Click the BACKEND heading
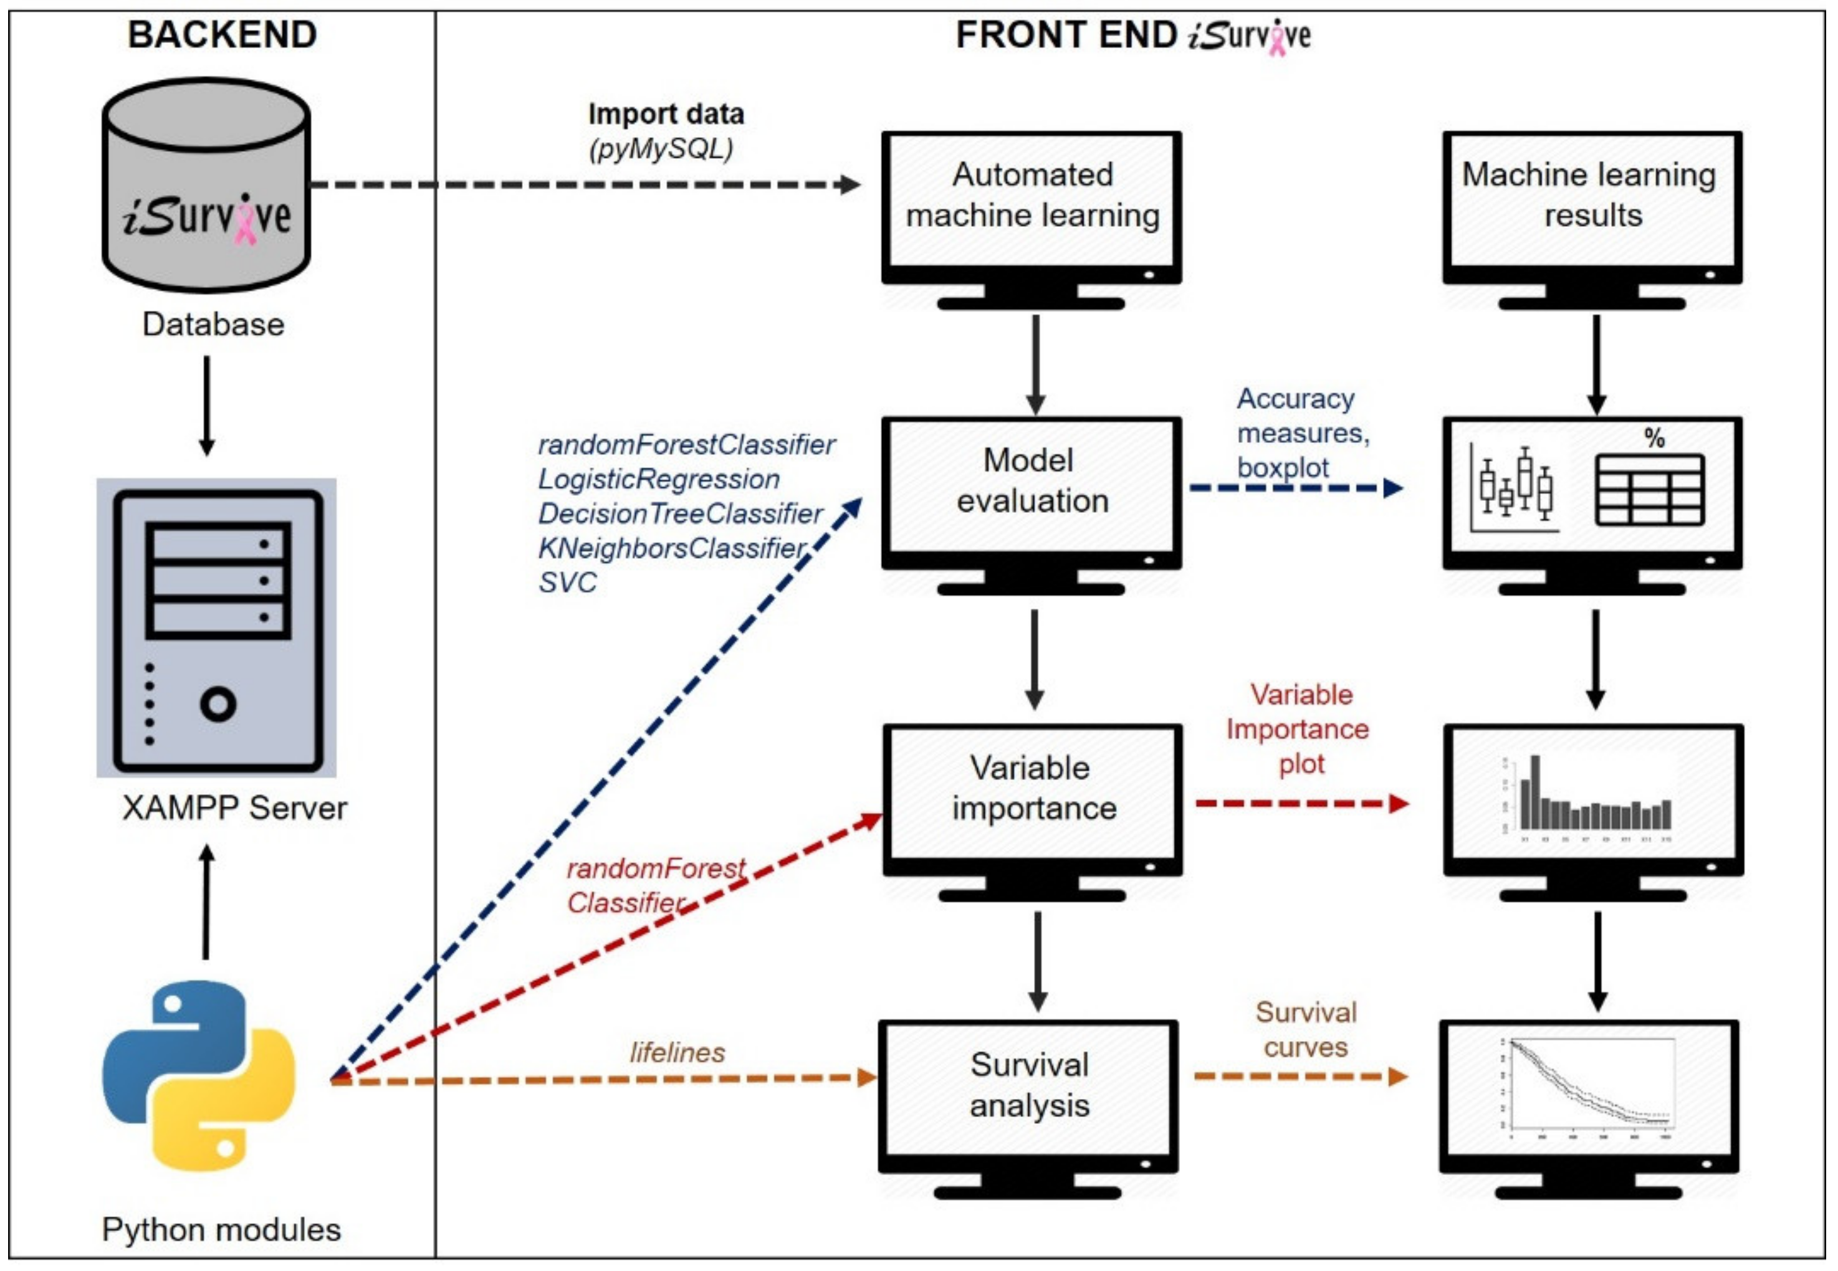[223, 35]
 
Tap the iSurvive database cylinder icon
[206, 186]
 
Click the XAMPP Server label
[234, 808]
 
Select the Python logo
[199, 1075]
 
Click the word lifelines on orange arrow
[677, 1053]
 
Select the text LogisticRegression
[659, 479]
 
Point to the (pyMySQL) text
[661, 149]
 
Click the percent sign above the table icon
[1654, 438]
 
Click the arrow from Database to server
[206, 406]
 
